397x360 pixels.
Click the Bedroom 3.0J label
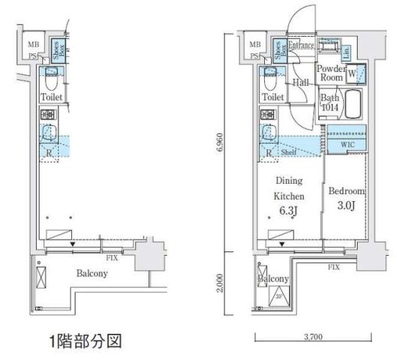(345, 197)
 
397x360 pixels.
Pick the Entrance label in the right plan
(301, 46)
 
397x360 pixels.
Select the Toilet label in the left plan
(53, 97)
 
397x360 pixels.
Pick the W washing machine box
(354, 74)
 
